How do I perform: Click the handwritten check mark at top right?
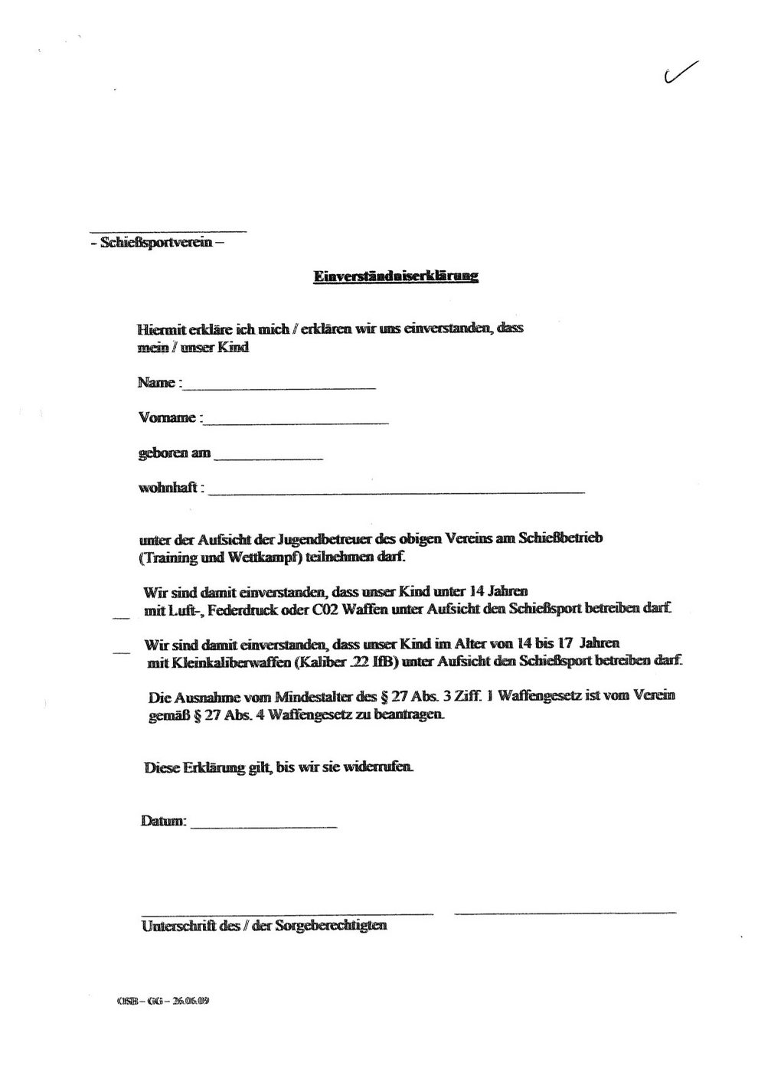[x=680, y=70]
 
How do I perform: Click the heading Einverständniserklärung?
[x=396, y=276]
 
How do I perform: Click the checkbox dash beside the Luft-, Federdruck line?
[x=120, y=614]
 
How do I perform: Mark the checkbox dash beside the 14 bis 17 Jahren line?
[x=120, y=651]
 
